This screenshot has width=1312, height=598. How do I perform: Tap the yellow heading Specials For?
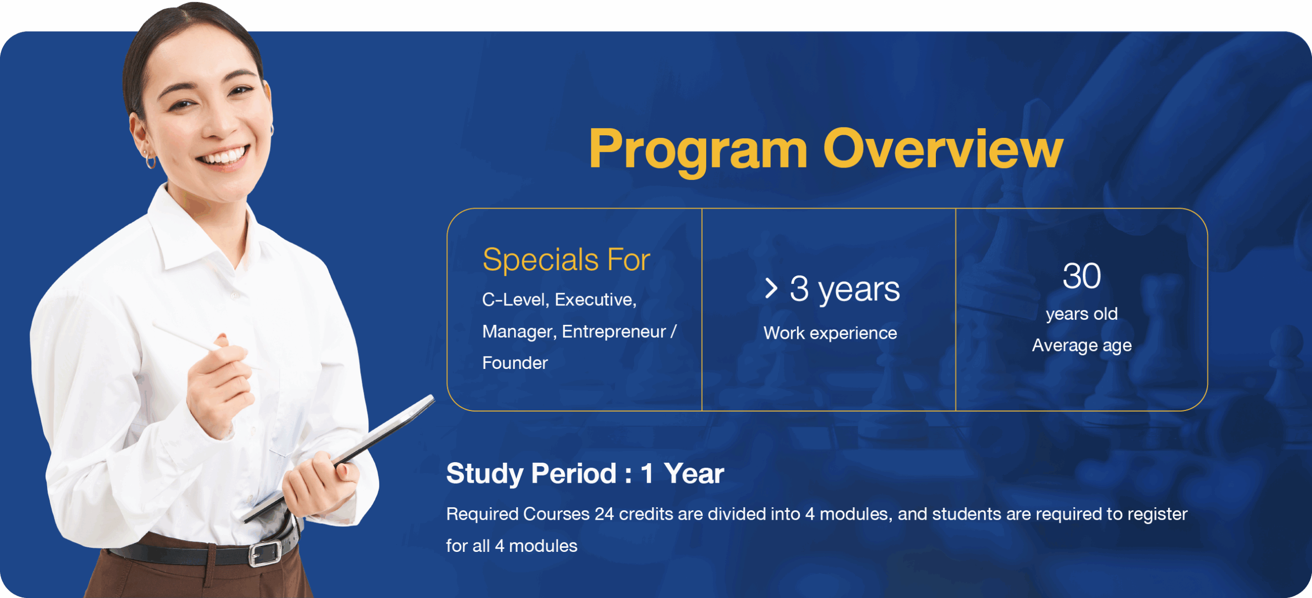point(566,259)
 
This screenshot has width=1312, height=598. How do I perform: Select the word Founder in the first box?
point(515,363)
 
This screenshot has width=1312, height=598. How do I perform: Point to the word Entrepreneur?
point(614,332)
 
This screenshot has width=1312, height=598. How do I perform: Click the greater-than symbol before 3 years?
point(771,288)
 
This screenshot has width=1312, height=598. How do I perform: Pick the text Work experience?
point(830,333)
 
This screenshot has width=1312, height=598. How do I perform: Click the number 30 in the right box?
point(1081,276)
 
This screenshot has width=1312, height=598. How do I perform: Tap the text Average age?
point(1081,345)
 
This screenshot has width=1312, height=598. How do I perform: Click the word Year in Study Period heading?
point(694,473)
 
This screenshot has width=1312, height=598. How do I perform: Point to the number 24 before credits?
point(604,514)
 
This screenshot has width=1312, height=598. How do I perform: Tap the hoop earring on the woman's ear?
point(150,161)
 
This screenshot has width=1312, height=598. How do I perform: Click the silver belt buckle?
point(264,553)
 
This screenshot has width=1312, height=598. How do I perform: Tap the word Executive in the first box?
point(596,300)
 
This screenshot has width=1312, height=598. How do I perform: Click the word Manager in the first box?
point(519,332)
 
